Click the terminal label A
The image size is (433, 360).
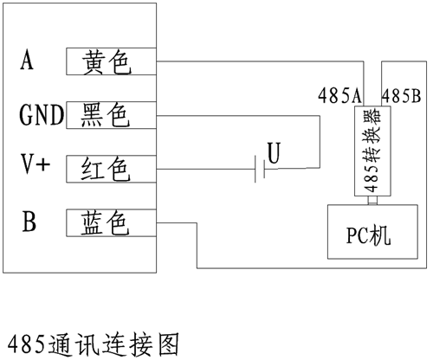27,60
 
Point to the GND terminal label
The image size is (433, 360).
42,114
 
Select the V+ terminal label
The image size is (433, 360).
35,164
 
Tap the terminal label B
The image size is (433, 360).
29,222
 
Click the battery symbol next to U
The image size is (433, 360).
260,169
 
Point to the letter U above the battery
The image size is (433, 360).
274,153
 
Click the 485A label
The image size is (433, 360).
339,95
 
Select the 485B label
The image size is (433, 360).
401,95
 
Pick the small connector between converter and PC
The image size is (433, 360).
372,201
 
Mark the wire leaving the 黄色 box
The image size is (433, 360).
260,61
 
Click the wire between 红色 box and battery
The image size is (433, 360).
205,169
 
